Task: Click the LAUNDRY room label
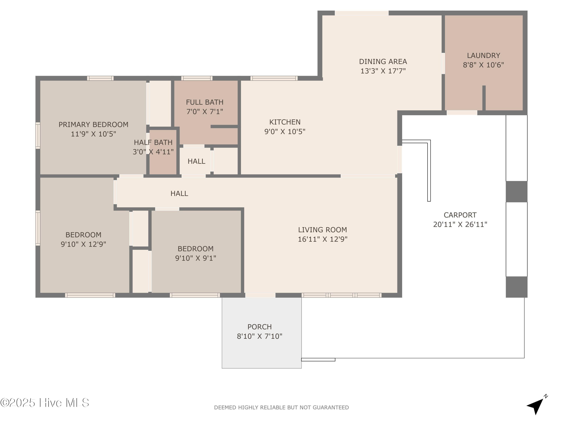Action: coord(483,56)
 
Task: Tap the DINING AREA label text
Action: coord(383,62)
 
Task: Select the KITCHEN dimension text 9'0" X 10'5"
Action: coord(285,131)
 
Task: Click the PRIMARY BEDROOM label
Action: coord(93,125)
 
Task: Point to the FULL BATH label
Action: coord(205,102)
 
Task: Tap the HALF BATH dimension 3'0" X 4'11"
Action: coord(153,152)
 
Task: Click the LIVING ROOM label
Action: coord(322,230)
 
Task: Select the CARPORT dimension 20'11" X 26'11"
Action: coord(460,224)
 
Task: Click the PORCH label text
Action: coord(260,327)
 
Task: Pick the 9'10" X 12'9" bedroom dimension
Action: coord(84,244)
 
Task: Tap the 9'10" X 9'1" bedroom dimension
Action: coord(196,258)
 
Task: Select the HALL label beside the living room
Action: coord(179,194)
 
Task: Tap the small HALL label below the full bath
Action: coord(196,161)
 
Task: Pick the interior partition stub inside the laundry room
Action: coord(484,98)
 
